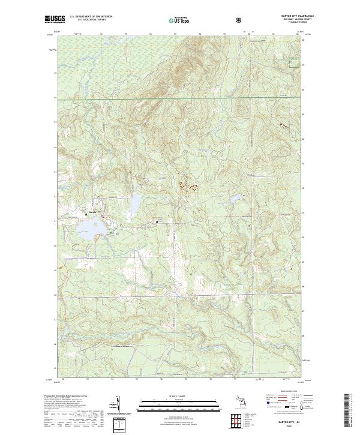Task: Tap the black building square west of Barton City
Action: [x=85, y=214]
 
